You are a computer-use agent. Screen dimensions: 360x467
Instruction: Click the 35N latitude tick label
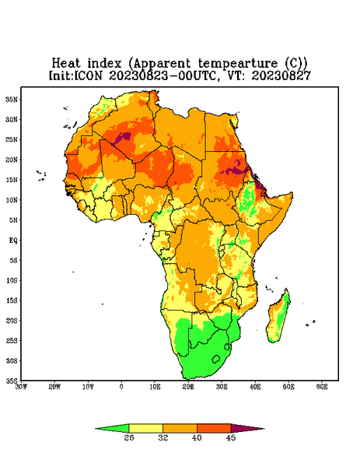[12, 99]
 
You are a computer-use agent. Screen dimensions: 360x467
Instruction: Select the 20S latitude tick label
[12, 321]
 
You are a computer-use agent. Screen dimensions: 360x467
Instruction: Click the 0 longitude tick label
[121, 387]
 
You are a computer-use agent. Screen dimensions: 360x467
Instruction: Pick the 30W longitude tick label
[21, 387]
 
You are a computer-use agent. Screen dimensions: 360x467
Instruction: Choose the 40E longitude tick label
[255, 387]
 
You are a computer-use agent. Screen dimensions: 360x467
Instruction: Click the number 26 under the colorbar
[129, 437]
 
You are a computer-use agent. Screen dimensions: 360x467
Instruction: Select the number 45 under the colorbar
[231, 437]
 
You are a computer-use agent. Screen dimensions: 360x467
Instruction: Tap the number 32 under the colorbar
[163, 437]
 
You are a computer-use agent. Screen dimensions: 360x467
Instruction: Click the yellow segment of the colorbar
[145, 428]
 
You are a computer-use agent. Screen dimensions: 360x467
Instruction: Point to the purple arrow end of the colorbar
[247, 428]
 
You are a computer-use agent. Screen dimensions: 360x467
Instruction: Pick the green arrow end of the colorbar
[113, 428]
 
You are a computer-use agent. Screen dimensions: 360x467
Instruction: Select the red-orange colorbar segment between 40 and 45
[214, 428]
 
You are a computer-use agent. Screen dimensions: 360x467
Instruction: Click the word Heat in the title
[66, 63]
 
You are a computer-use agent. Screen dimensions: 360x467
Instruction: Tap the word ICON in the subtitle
[88, 75]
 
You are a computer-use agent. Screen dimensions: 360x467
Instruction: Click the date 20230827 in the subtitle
[281, 75]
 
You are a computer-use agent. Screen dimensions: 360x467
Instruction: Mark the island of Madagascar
[278, 317]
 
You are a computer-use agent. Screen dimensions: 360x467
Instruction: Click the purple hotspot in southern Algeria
[123, 138]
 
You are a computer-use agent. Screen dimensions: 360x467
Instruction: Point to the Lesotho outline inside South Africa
[216, 359]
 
